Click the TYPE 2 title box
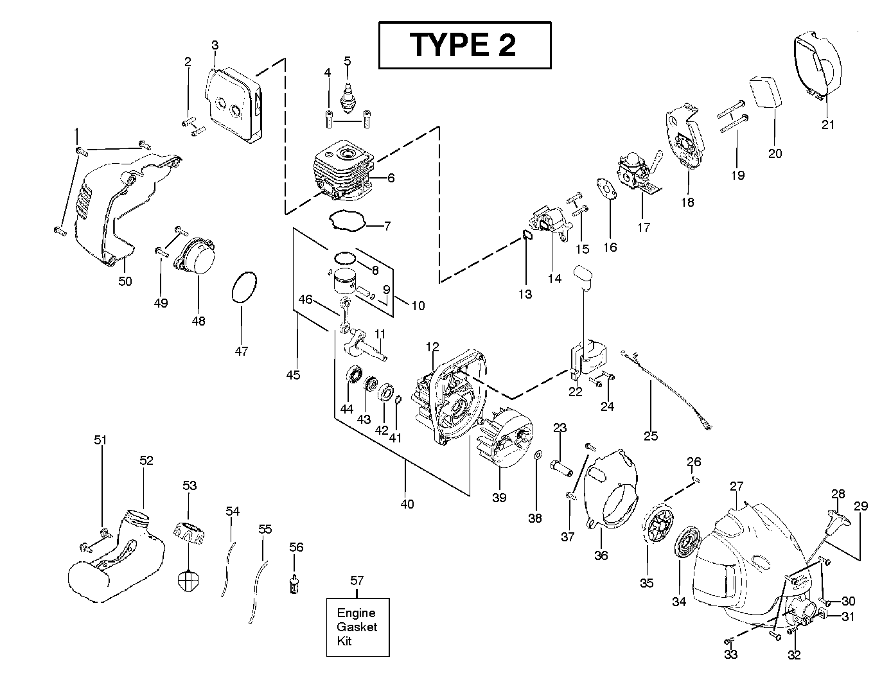(464, 45)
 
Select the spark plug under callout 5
(348, 94)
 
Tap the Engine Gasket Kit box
(358, 627)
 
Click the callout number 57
(357, 580)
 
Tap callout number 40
(407, 504)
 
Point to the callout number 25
(651, 436)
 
